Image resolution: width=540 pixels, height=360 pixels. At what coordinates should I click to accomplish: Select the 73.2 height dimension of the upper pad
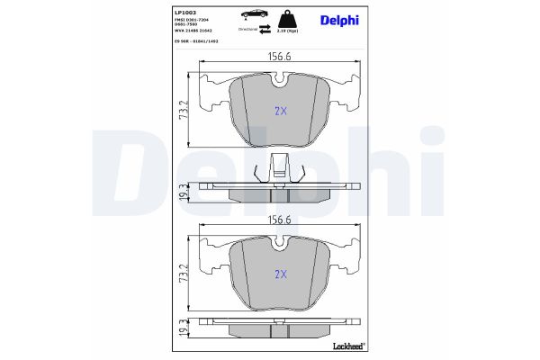point(184,112)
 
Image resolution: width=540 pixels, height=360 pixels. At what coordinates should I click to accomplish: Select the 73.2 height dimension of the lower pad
point(184,274)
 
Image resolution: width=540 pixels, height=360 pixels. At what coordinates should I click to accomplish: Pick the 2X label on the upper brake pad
point(280,112)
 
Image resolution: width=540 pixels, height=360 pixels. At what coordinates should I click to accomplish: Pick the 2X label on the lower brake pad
point(280,274)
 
